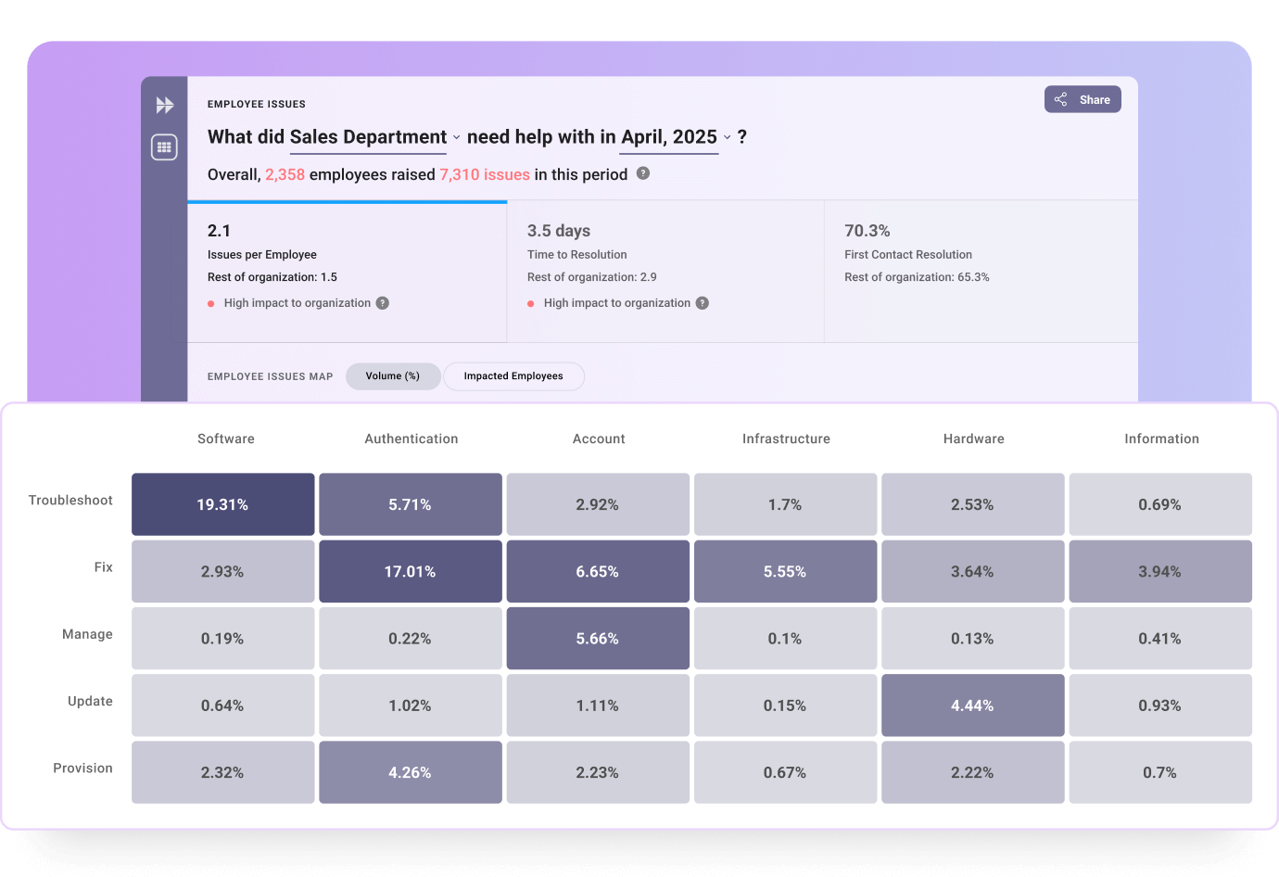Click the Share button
click(x=1083, y=99)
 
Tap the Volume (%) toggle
click(x=392, y=376)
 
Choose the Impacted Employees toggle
click(x=513, y=376)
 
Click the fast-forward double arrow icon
click(x=164, y=105)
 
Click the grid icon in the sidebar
click(x=164, y=146)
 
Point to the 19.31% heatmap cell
click(x=222, y=504)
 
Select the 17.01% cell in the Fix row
click(x=410, y=571)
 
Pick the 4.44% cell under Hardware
click(x=972, y=705)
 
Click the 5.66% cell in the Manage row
click(x=598, y=639)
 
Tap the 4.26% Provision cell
click(x=410, y=772)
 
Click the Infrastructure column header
click(x=786, y=438)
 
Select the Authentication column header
click(x=412, y=438)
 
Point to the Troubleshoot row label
click(x=70, y=501)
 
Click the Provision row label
click(x=82, y=769)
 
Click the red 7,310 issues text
click(x=485, y=174)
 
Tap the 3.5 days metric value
click(x=559, y=231)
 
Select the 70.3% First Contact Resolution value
click(x=867, y=231)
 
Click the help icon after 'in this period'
click(x=643, y=173)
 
